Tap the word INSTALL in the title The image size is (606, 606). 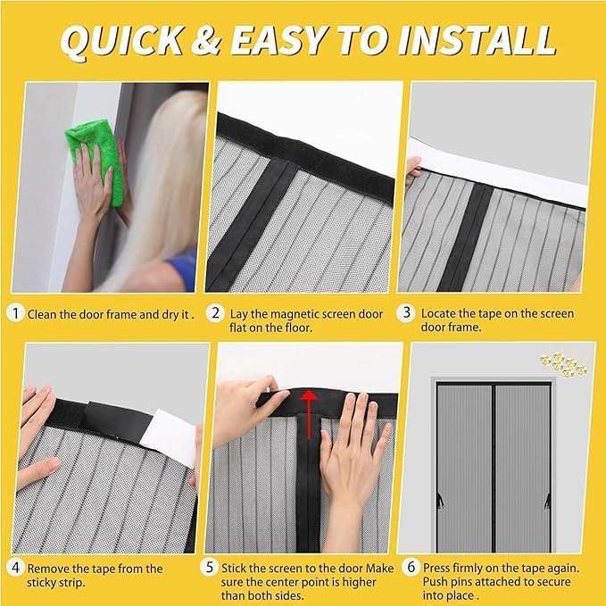pyautogui.click(x=477, y=39)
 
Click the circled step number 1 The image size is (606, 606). pyautogui.click(x=15, y=313)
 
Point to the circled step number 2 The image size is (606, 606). pyautogui.click(x=215, y=313)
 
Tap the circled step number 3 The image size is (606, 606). pyautogui.click(x=407, y=313)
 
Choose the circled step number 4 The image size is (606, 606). pyautogui.click(x=15, y=569)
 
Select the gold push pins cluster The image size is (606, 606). pyautogui.click(x=564, y=362)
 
